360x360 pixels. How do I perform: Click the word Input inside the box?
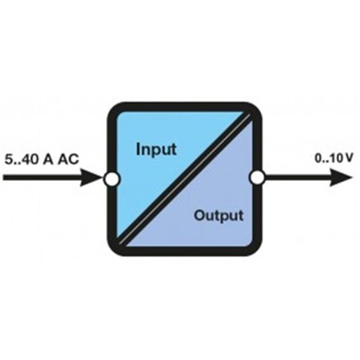[x=156, y=148]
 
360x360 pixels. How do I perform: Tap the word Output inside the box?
[x=218, y=215]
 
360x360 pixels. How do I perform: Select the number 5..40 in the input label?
[x=22, y=160]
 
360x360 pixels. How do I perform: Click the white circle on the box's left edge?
[x=111, y=178]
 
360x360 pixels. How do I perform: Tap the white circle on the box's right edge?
[x=257, y=178]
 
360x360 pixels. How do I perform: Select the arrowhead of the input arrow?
[x=94, y=178]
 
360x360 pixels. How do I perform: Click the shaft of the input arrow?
[x=42, y=178]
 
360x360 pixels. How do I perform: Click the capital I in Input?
[x=138, y=148]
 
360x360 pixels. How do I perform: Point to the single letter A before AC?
[x=50, y=160]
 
